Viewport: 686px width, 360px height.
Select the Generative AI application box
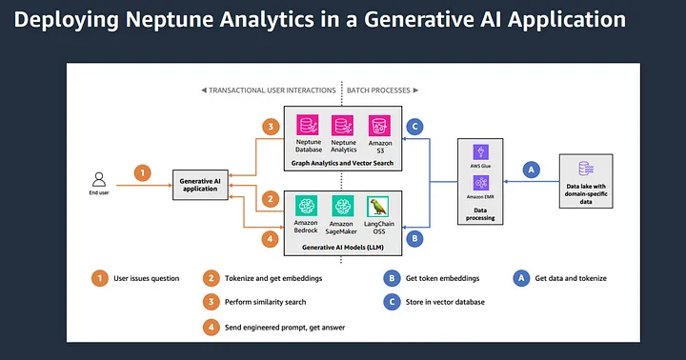(x=201, y=184)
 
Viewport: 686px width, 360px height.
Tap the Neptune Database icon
(x=308, y=126)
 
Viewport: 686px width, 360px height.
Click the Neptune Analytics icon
(x=343, y=126)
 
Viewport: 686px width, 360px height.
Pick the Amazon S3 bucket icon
(x=379, y=126)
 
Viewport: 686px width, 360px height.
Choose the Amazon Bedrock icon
(x=307, y=206)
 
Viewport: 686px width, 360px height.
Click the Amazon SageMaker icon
(x=343, y=206)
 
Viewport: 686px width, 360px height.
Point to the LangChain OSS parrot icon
(x=379, y=206)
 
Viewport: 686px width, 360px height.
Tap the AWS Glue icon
(x=480, y=152)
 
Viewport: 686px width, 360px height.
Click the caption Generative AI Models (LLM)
(x=342, y=248)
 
